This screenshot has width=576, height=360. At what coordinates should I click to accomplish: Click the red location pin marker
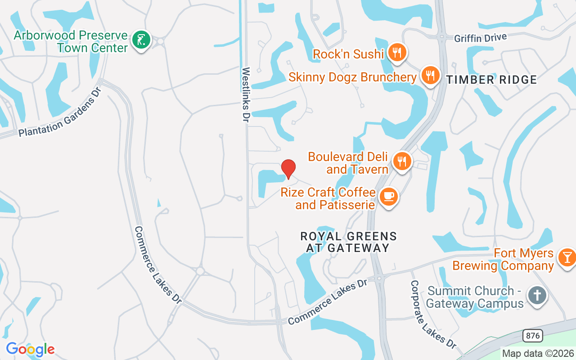tap(288, 169)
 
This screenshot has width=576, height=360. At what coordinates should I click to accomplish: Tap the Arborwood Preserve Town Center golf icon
tap(141, 40)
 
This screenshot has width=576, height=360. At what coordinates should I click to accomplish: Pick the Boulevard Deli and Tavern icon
tap(402, 161)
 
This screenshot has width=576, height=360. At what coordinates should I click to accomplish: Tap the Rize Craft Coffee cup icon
tap(388, 197)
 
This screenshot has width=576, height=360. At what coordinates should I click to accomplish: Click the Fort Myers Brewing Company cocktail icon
tap(567, 257)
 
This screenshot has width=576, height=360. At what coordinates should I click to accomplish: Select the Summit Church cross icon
tap(537, 296)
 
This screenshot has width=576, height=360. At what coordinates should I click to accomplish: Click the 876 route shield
tap(532, 336)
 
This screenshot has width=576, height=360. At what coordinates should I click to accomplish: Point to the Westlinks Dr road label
tap(246, 95)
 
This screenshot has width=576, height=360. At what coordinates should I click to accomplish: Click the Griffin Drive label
tap(480, 38)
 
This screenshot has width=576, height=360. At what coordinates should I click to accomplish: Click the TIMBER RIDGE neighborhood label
tap(491, 80)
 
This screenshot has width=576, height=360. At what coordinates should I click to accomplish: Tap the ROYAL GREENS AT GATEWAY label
tap(348, 242)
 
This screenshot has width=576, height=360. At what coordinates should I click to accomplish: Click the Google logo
tap(30, 349)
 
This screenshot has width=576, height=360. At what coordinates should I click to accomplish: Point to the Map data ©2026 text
tap(538, 353)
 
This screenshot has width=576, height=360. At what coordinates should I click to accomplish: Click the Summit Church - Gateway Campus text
tap(475, 297)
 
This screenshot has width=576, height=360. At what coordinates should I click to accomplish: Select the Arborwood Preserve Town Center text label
tap(71, 41)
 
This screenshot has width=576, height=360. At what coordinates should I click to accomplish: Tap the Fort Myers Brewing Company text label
tap(503, 260)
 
